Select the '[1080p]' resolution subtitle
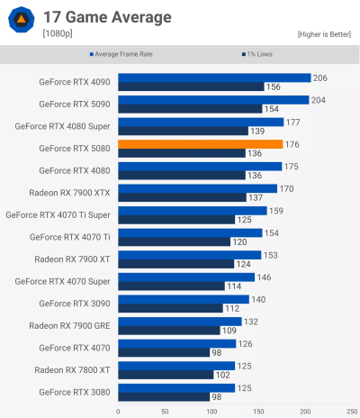(x=58, y=34)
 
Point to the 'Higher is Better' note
(x=325, y=34)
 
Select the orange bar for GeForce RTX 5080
(x=200, y=144)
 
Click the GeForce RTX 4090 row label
(x=75, y=82)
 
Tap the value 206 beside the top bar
(x=320, y=78)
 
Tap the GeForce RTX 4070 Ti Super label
(x=58, y=214)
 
